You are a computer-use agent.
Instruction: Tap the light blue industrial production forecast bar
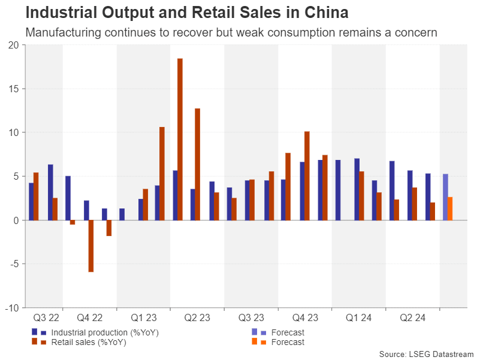point(445,197)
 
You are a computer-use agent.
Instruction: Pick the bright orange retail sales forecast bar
point(450,208)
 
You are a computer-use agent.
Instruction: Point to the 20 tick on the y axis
point(13,45)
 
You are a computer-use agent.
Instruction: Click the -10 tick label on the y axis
point(11,308)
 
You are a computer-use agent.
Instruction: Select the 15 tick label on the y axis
point(13,89)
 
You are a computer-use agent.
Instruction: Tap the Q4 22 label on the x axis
point(90,318)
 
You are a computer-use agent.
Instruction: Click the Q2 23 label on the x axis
point(197,318)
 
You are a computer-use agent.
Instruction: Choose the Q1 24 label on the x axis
point(359,318)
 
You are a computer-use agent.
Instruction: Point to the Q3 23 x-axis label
point(251,318)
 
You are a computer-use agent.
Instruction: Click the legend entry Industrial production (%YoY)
point(105,332)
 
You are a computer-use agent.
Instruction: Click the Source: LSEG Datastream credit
point(425,354)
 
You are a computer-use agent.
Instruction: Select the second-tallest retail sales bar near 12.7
point(198,164)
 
